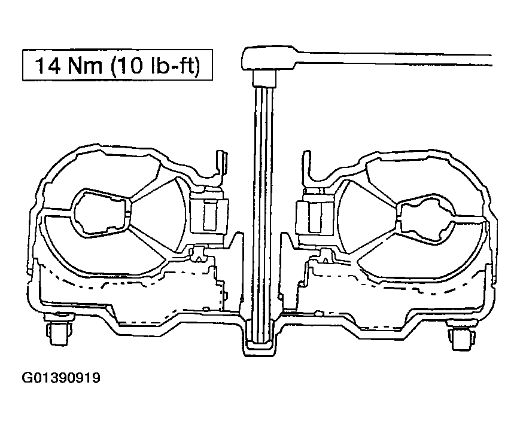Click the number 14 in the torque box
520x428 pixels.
click(x=48, y=65)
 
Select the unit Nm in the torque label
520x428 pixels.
click(x=84, y=65)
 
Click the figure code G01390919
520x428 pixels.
click(x=61, y=378)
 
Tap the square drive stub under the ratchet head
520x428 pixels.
click(x=264, y=78)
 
